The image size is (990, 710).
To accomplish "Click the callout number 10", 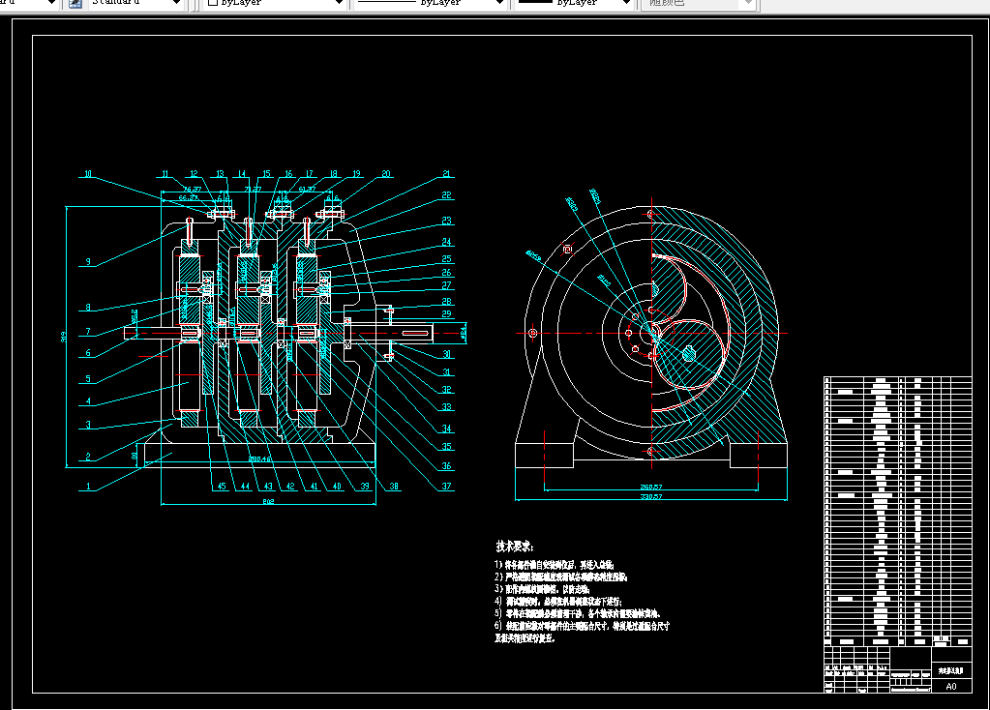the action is [x=87, y=175].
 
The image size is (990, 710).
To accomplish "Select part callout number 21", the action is [x=446, y=174].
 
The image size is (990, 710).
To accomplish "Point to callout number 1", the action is [x=88, y=488].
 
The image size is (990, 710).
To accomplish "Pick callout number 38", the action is [x=394, y=486].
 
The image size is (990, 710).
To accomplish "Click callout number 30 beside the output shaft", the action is [x=446, y=355].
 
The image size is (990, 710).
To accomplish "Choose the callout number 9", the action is [x=88, y=261].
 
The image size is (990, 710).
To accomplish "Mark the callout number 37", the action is [x=446, y=486].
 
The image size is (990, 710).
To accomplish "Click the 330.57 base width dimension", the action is [x=650, y=496].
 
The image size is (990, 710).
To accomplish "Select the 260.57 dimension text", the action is [x=650, y=486].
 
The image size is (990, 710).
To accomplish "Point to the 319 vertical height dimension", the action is [x=65, y=336].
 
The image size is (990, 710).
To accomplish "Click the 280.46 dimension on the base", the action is [x=259, y=459].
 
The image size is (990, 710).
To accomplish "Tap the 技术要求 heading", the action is [x=515, y=547].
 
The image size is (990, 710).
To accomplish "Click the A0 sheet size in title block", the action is [x=950, y=686].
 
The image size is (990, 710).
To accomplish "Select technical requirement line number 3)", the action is [x=542, y=588].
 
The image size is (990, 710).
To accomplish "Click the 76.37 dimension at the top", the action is [x=192, y=190].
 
